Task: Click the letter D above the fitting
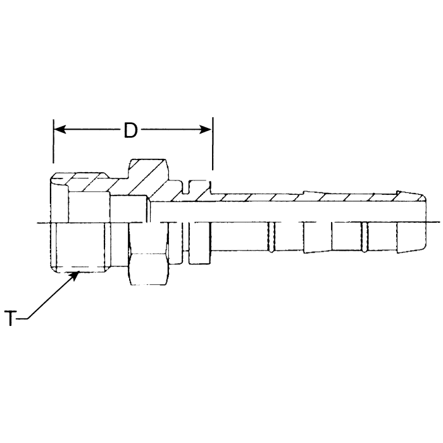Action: point(130,130)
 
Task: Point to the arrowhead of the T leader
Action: point(77,274)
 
